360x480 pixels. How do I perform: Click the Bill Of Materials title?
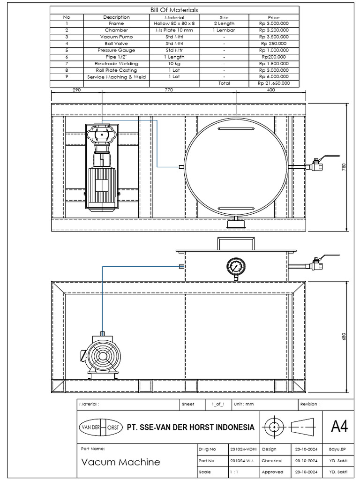click(174, 10)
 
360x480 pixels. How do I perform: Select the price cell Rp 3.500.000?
click(274, 37)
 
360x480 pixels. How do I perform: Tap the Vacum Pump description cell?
click(116, 37)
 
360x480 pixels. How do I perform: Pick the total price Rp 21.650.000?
click(274, 83)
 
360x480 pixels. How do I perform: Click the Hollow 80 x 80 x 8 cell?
click(174, 23)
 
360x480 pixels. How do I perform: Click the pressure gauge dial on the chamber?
click(235, 267)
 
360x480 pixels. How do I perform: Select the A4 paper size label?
click(339, 427)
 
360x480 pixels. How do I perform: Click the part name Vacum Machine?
click(120, 462)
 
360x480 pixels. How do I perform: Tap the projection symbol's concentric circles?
click(273, 427)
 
